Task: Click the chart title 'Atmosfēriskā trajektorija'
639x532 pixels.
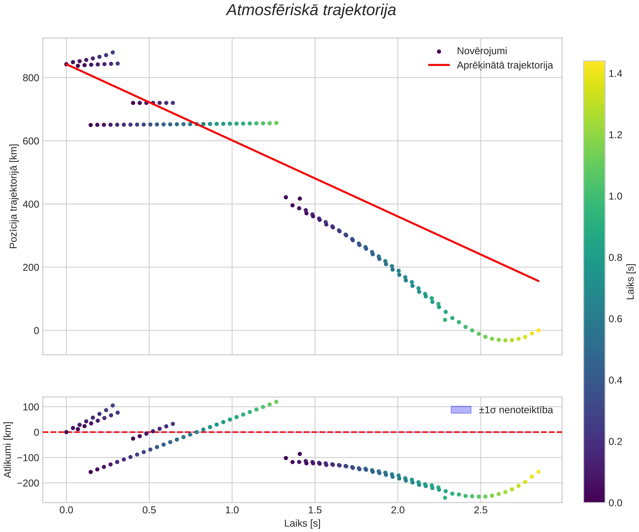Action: [x=311, y=10]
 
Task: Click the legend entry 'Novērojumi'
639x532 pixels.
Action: [x=482, y=51]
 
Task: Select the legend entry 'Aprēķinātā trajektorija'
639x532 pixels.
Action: [x=505, y=65]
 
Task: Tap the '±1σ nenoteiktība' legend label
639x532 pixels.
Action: [x=516, y=410]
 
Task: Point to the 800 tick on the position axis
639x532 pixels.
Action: [x=31, y=78]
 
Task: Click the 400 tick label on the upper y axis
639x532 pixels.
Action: [x=31, y=204]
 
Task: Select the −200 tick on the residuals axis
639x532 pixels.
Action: [x=28, y=483]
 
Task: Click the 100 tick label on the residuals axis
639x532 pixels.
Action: [x=31, y=407]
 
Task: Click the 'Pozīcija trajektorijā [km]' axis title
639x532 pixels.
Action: [x=14, y=196]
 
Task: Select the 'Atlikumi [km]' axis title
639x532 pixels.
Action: [x=8, y=450]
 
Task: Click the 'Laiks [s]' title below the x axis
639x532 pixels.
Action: [x=302, y=523]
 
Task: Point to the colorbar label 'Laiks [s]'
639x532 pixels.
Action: [x=631, y=282]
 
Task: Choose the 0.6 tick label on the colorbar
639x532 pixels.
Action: [x=615, y=319]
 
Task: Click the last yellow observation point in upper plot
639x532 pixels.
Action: [x=538, y=330]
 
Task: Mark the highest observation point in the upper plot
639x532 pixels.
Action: [x=112, y=52]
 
